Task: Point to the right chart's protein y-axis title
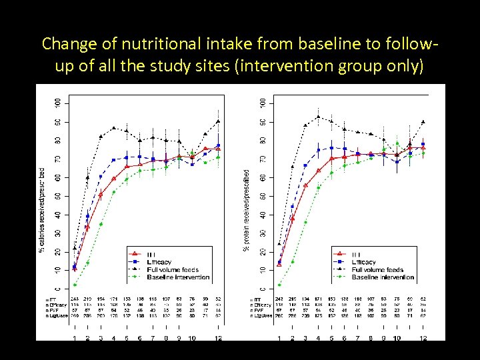click(x=246, y=209)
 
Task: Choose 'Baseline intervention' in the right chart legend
click(x=383, y=277)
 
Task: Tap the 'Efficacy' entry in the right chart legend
click(x=363, y=262)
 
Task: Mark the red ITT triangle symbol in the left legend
click(x=135, y=255)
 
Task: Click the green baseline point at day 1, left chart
click(x=75, y=285)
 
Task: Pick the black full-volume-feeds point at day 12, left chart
click(x=218, y=121)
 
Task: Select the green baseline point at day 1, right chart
click(x=279, y=285)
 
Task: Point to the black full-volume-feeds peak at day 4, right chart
click(x=318, y=117)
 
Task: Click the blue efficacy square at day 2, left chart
click(x=87, y=216)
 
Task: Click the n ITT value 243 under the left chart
click(x=75, y=299)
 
